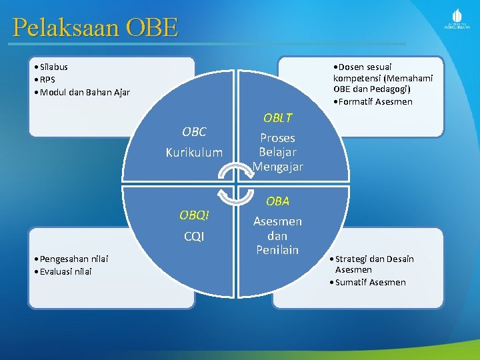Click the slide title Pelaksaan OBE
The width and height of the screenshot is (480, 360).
[x=95, y=27]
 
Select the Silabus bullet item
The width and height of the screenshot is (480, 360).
[x=53, y=67]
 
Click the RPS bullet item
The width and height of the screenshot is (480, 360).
[x=47, y=79]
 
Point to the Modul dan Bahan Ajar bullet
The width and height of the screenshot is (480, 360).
[x=85, y=92]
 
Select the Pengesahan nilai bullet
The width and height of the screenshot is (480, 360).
[x=73, y=259]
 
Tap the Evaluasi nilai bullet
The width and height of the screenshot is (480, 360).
[x=65, y=271]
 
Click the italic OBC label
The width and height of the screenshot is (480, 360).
[x=194, y=132]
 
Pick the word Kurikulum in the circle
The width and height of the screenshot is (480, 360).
[x=194, y=153]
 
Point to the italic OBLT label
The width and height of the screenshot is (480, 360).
[x=277, y=118]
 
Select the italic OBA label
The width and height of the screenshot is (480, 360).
[x=277, y=201]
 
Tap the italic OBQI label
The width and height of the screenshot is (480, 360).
[x=194, y=215]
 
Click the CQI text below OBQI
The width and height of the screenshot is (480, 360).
[x=194, y=237]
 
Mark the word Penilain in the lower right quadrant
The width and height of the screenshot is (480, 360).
[x=277, y=250]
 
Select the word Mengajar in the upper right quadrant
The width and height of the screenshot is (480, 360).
[x=277, y=167]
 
